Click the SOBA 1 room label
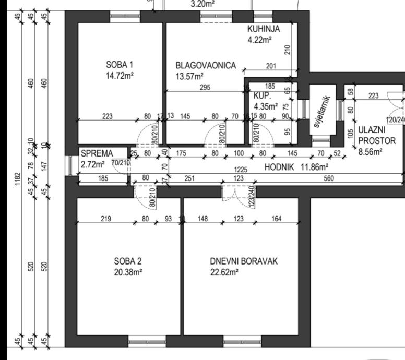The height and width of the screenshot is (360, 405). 120,65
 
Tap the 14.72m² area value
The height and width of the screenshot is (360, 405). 120,76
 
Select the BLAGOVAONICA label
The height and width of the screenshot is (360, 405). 206,66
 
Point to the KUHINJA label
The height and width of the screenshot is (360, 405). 264,29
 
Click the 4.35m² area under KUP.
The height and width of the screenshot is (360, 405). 266,107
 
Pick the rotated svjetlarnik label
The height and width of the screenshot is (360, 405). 320,112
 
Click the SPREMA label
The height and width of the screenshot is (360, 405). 97,153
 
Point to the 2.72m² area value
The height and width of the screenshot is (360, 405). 93,163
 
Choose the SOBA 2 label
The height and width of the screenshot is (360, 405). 128,261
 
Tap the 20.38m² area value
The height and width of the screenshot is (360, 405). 128,272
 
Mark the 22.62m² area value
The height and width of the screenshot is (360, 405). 224,272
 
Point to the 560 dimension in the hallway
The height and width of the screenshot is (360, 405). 329,179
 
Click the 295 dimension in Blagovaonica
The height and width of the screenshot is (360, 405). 205,88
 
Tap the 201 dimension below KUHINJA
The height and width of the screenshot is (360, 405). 270,66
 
